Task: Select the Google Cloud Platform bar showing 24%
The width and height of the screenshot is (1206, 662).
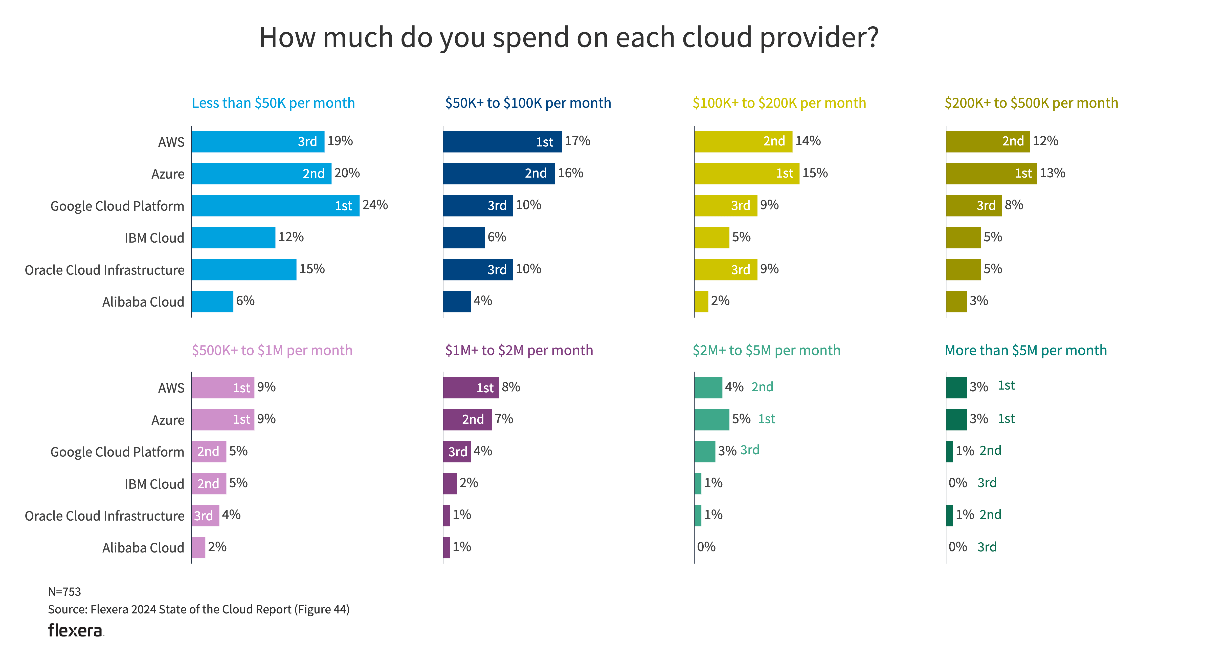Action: [275, 206]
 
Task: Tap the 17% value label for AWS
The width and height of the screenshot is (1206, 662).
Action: [577, 141]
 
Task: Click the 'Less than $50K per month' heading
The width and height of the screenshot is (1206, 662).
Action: [273, 103]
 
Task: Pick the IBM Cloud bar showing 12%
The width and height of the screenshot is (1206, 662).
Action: [233, 238]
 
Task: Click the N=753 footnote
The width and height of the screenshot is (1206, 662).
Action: [65, 592]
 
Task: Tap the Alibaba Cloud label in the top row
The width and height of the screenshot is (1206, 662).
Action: [143, 302]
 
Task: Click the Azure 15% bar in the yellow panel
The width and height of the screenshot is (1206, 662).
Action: [747, 173]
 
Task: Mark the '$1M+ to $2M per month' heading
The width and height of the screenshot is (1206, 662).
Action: [519, 350]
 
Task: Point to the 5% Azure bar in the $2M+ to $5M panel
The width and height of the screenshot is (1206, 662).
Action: [712, 420]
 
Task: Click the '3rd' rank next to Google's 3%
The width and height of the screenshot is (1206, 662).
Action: [750, 450]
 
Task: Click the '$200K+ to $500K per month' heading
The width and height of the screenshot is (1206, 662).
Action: [1031, 103]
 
